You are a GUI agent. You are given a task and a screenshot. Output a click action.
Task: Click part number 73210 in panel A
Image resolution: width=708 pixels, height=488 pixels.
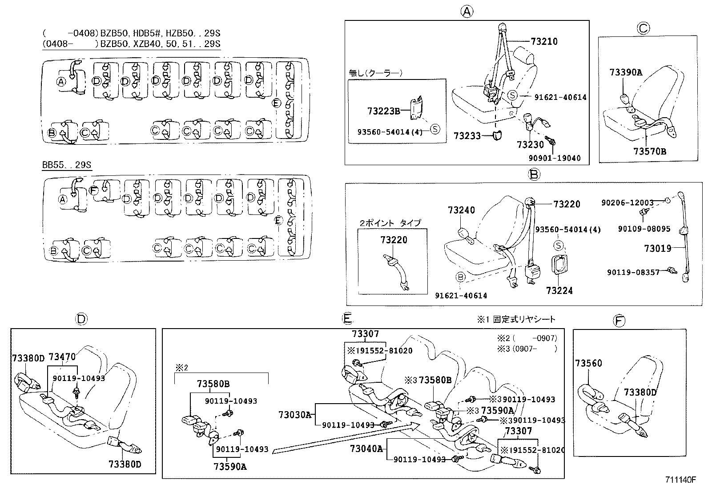pyautogui.click(x=544, y=42)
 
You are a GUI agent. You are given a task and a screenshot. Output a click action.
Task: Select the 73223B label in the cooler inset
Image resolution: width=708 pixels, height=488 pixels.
pyautogui.click(x=384, y=111)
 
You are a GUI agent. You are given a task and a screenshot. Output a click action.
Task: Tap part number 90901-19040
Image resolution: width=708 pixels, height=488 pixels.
pyautogui.click(x=555, y=158)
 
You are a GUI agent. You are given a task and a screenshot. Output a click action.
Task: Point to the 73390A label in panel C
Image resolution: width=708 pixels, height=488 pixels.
pyautogui.click(x=626, y=72)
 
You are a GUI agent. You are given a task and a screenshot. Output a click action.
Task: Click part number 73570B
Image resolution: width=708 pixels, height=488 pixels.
pyautogui.click(x=650, y=151)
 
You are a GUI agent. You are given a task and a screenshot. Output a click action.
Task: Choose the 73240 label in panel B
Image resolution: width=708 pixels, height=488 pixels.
pyautogui.click(x=461, y=210)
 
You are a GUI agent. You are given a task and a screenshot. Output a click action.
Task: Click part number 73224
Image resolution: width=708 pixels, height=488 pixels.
pyautogui.click(x=559, y=291)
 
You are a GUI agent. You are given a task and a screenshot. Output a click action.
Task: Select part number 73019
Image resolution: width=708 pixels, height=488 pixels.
pyautogui.click(x=658, y=248)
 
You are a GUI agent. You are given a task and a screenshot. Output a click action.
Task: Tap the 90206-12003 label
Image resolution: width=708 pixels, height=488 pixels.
pyautogui.click(x=628, y=202)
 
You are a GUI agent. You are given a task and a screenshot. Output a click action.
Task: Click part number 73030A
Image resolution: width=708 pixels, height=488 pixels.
pyautogui.click(x=295, y=415)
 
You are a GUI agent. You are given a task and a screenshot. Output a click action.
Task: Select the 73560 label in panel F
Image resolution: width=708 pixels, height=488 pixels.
pyautogui.click(x=588, y=364)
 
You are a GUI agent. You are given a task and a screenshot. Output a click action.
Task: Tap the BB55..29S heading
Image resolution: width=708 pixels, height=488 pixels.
pyautogui.click(x=67, y=165)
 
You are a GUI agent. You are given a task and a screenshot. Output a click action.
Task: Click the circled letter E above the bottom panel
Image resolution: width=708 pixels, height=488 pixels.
pyautogui.click(x=347, y=318)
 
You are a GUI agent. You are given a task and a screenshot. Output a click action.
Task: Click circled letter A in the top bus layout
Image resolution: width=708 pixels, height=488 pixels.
pyautogui.click(x=61, y=81)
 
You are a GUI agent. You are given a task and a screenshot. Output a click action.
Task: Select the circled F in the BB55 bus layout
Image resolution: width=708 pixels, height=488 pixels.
pyautogui.click(x=93, y=190)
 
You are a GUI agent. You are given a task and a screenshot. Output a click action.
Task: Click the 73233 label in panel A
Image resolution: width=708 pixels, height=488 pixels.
pyautogui.click(x=467, y=136)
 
